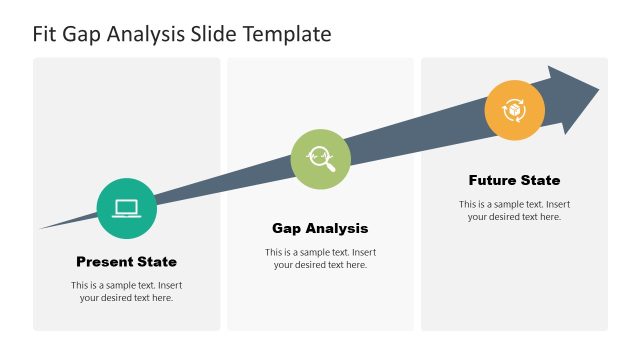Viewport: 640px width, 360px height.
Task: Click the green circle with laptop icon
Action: coord(126,209)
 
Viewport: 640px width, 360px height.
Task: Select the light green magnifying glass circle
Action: coord(320,158)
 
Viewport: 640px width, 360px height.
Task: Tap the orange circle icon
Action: coord(514,110)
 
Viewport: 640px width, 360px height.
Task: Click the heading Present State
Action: coord(126,262)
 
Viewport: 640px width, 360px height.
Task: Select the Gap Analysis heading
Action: coord(320,228)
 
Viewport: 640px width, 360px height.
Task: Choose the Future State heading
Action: coord(514,181)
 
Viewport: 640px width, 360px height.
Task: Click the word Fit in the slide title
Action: coord(46,34)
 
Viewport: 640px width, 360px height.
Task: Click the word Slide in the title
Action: coord(217,34)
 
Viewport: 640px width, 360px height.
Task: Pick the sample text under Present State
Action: coord(126,291)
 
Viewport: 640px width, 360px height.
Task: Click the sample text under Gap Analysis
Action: coord(320,258)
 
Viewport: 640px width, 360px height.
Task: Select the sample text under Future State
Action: coord(514,210)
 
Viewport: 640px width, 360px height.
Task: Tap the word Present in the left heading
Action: coord(106,262)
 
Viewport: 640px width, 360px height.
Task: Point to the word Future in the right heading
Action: coord(493,181)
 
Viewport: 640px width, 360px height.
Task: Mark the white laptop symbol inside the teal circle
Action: coord(126,208)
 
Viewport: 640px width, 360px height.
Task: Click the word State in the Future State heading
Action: coord(540,181)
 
